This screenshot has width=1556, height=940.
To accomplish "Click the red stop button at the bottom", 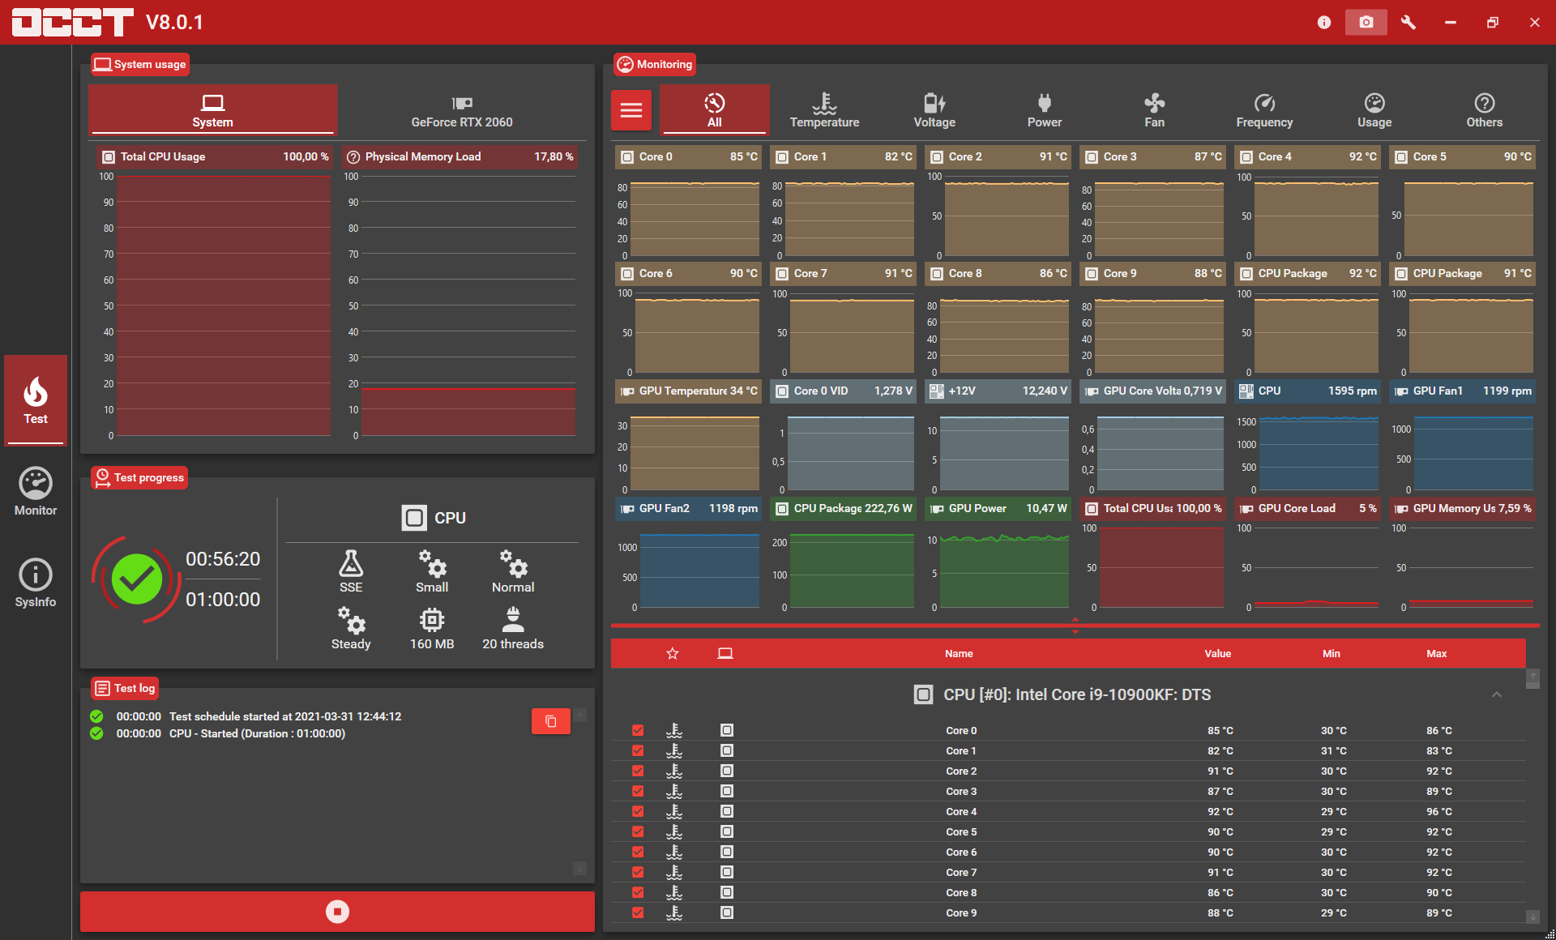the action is click(337, 912).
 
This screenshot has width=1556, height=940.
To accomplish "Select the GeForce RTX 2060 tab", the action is click(462, 111).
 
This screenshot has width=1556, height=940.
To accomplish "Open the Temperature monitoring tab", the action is click(824, 111).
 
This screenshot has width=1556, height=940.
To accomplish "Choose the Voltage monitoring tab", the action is click(934, 111).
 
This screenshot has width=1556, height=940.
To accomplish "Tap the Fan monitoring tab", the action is click(1154, 111).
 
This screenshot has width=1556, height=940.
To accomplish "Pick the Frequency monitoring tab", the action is click(1264, 111).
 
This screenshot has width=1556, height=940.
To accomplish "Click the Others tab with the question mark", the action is click(1484, 111).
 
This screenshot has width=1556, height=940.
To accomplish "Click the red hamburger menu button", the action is click(631, 110).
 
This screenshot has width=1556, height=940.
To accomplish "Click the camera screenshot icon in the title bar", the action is click(1366, 22).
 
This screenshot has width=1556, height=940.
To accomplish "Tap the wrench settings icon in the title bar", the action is click(1409, 22).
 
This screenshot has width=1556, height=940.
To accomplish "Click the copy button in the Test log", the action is click(551, 721).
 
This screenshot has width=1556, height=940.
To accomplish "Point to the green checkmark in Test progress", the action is click(136, 579).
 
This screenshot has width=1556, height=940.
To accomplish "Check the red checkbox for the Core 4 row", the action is click(638, 811).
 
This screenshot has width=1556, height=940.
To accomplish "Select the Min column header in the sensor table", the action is click(1332, 653).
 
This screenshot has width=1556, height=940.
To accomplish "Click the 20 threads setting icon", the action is click(513, 620).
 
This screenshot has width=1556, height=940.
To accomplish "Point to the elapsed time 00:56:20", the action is click(223, 559).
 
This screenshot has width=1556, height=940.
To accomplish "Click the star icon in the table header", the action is click(673, 653).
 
